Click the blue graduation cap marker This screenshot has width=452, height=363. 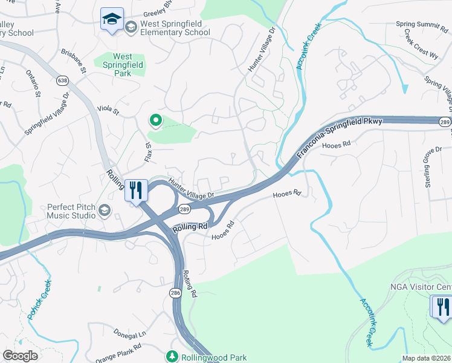(x=112, y=20)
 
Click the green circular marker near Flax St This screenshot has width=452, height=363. (x=156, y=120)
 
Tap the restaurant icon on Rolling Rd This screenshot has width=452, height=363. (x=136, y=190)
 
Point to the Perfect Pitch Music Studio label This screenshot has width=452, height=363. (x=71, y=211)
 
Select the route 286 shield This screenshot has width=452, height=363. (x=175, y=293)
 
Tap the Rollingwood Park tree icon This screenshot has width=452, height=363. (x=173, y=356)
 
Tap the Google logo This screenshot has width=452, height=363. (x=20, y=356)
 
